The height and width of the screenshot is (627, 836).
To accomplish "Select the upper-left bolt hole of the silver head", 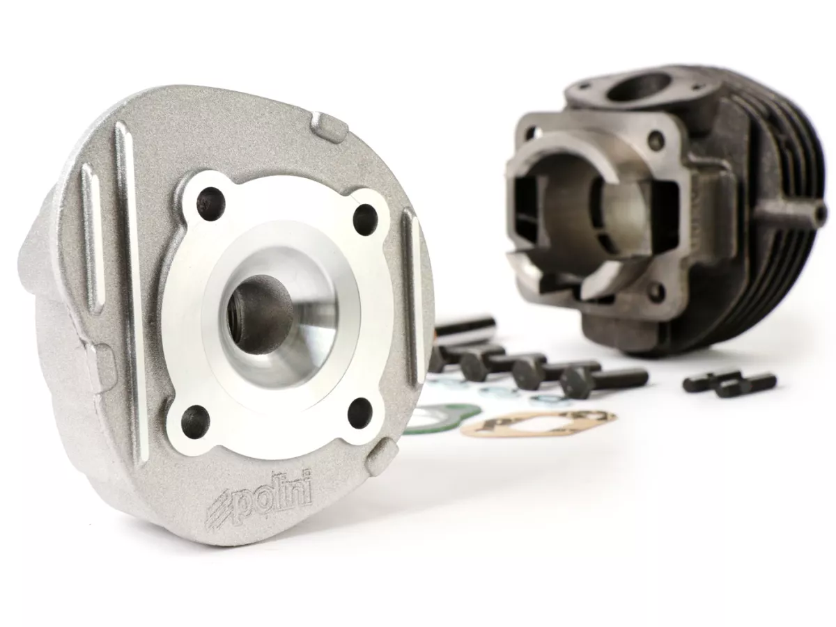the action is [x=210, y=201].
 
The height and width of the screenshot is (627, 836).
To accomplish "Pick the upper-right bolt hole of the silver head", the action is [x=366, y=220].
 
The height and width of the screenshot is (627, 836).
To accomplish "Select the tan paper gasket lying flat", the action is [x=537, y=422].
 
